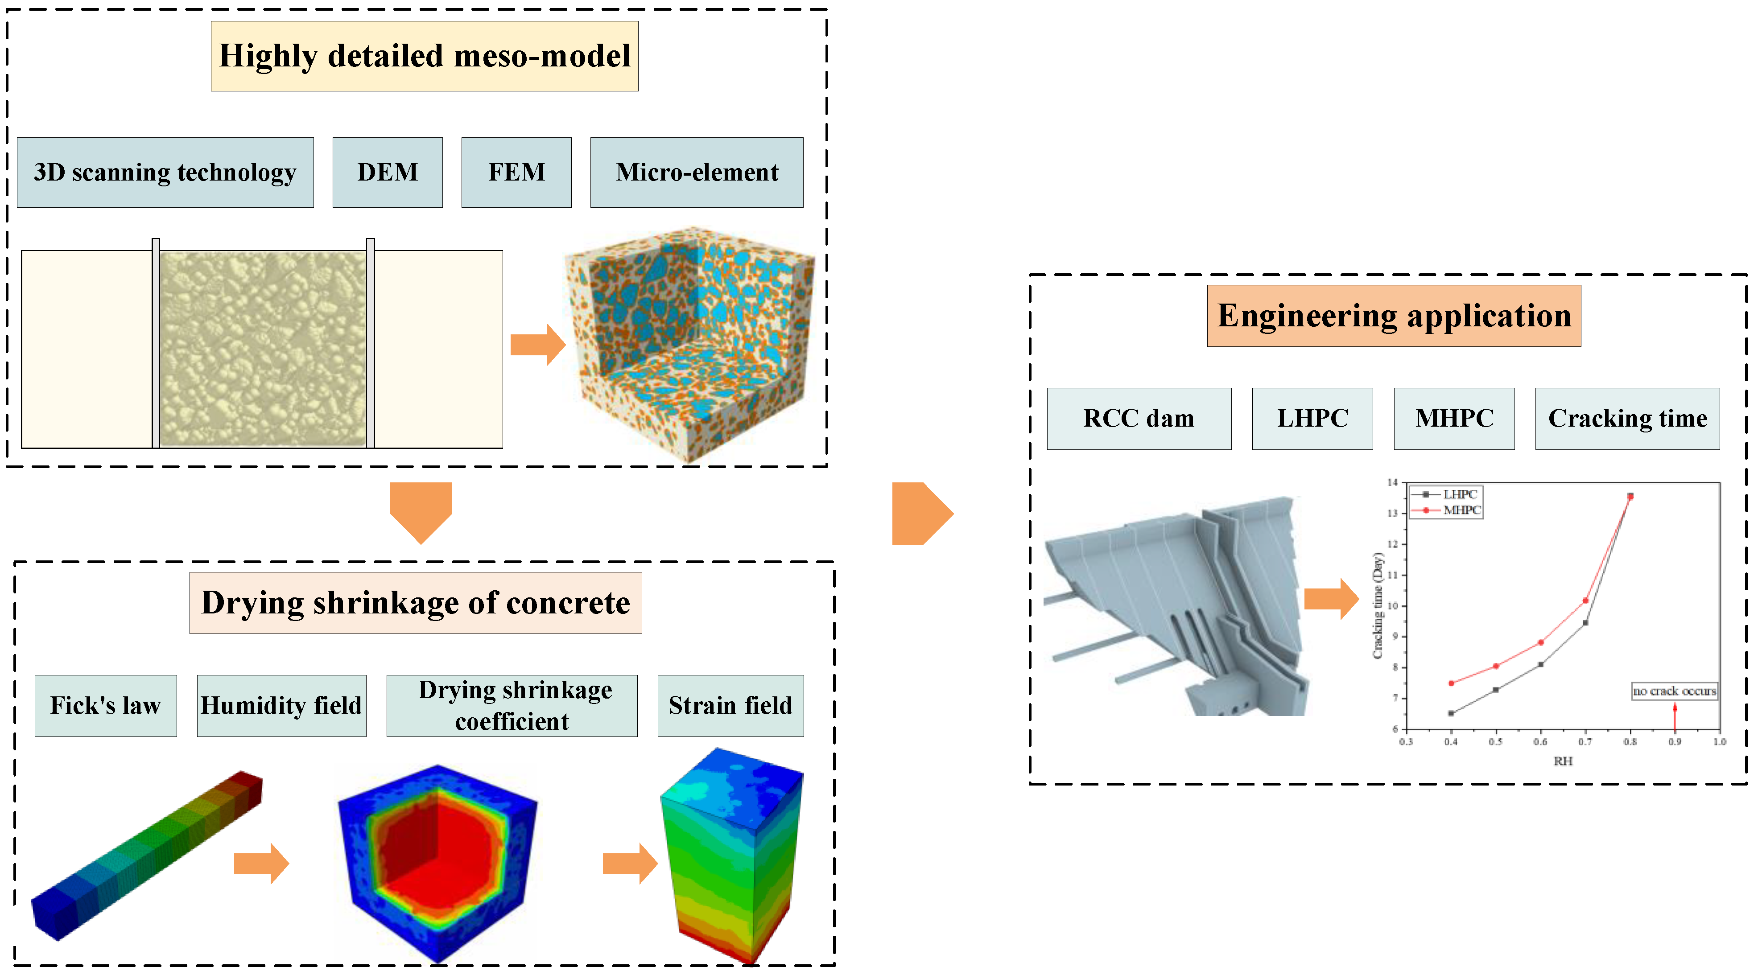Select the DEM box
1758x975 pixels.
tap(387, 172)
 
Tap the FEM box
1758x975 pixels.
tap(516, 172)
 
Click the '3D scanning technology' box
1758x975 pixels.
tap(165, 172)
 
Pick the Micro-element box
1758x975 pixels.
tap(696, 172)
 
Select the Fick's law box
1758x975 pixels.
tap(106, 705)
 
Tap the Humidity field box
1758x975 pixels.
tap(281, 705)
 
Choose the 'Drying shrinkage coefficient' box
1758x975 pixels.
tap(512, 705)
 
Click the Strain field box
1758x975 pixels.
tap(730, 705)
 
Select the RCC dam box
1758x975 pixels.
tap(1139, 418)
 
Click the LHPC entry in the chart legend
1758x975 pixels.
tap(1459, 494)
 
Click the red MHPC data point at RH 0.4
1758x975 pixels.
tap(1451, 683)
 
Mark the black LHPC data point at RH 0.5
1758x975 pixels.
tap(1495, 690)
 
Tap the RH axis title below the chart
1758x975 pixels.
tap(1562, 761)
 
